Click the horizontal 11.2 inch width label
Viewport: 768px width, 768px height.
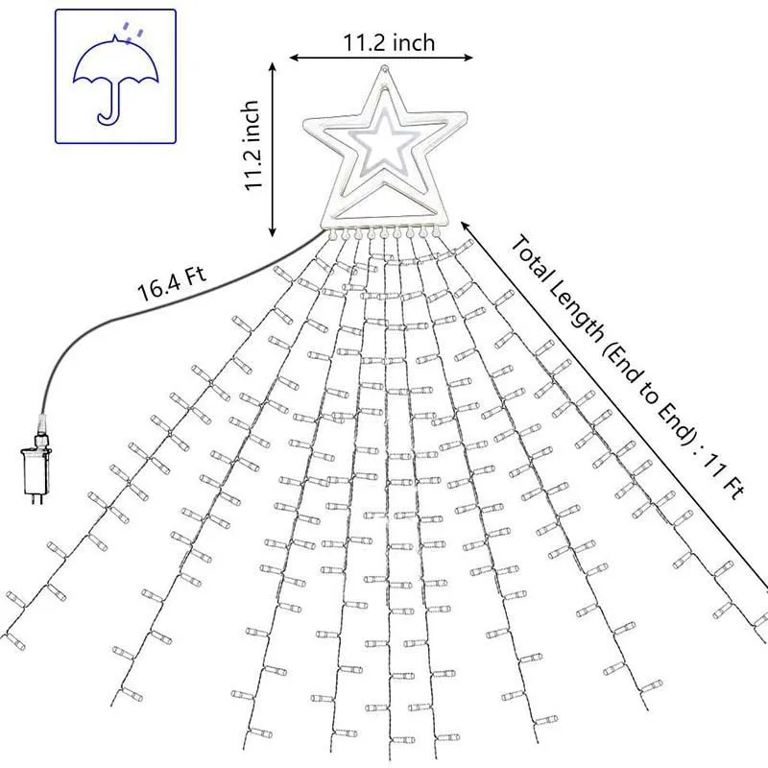coord(389,42)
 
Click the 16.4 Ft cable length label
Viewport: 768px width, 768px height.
coord(172,285)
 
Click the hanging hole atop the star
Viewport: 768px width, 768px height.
coord(385,68)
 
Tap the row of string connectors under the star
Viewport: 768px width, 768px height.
coord(384,230)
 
